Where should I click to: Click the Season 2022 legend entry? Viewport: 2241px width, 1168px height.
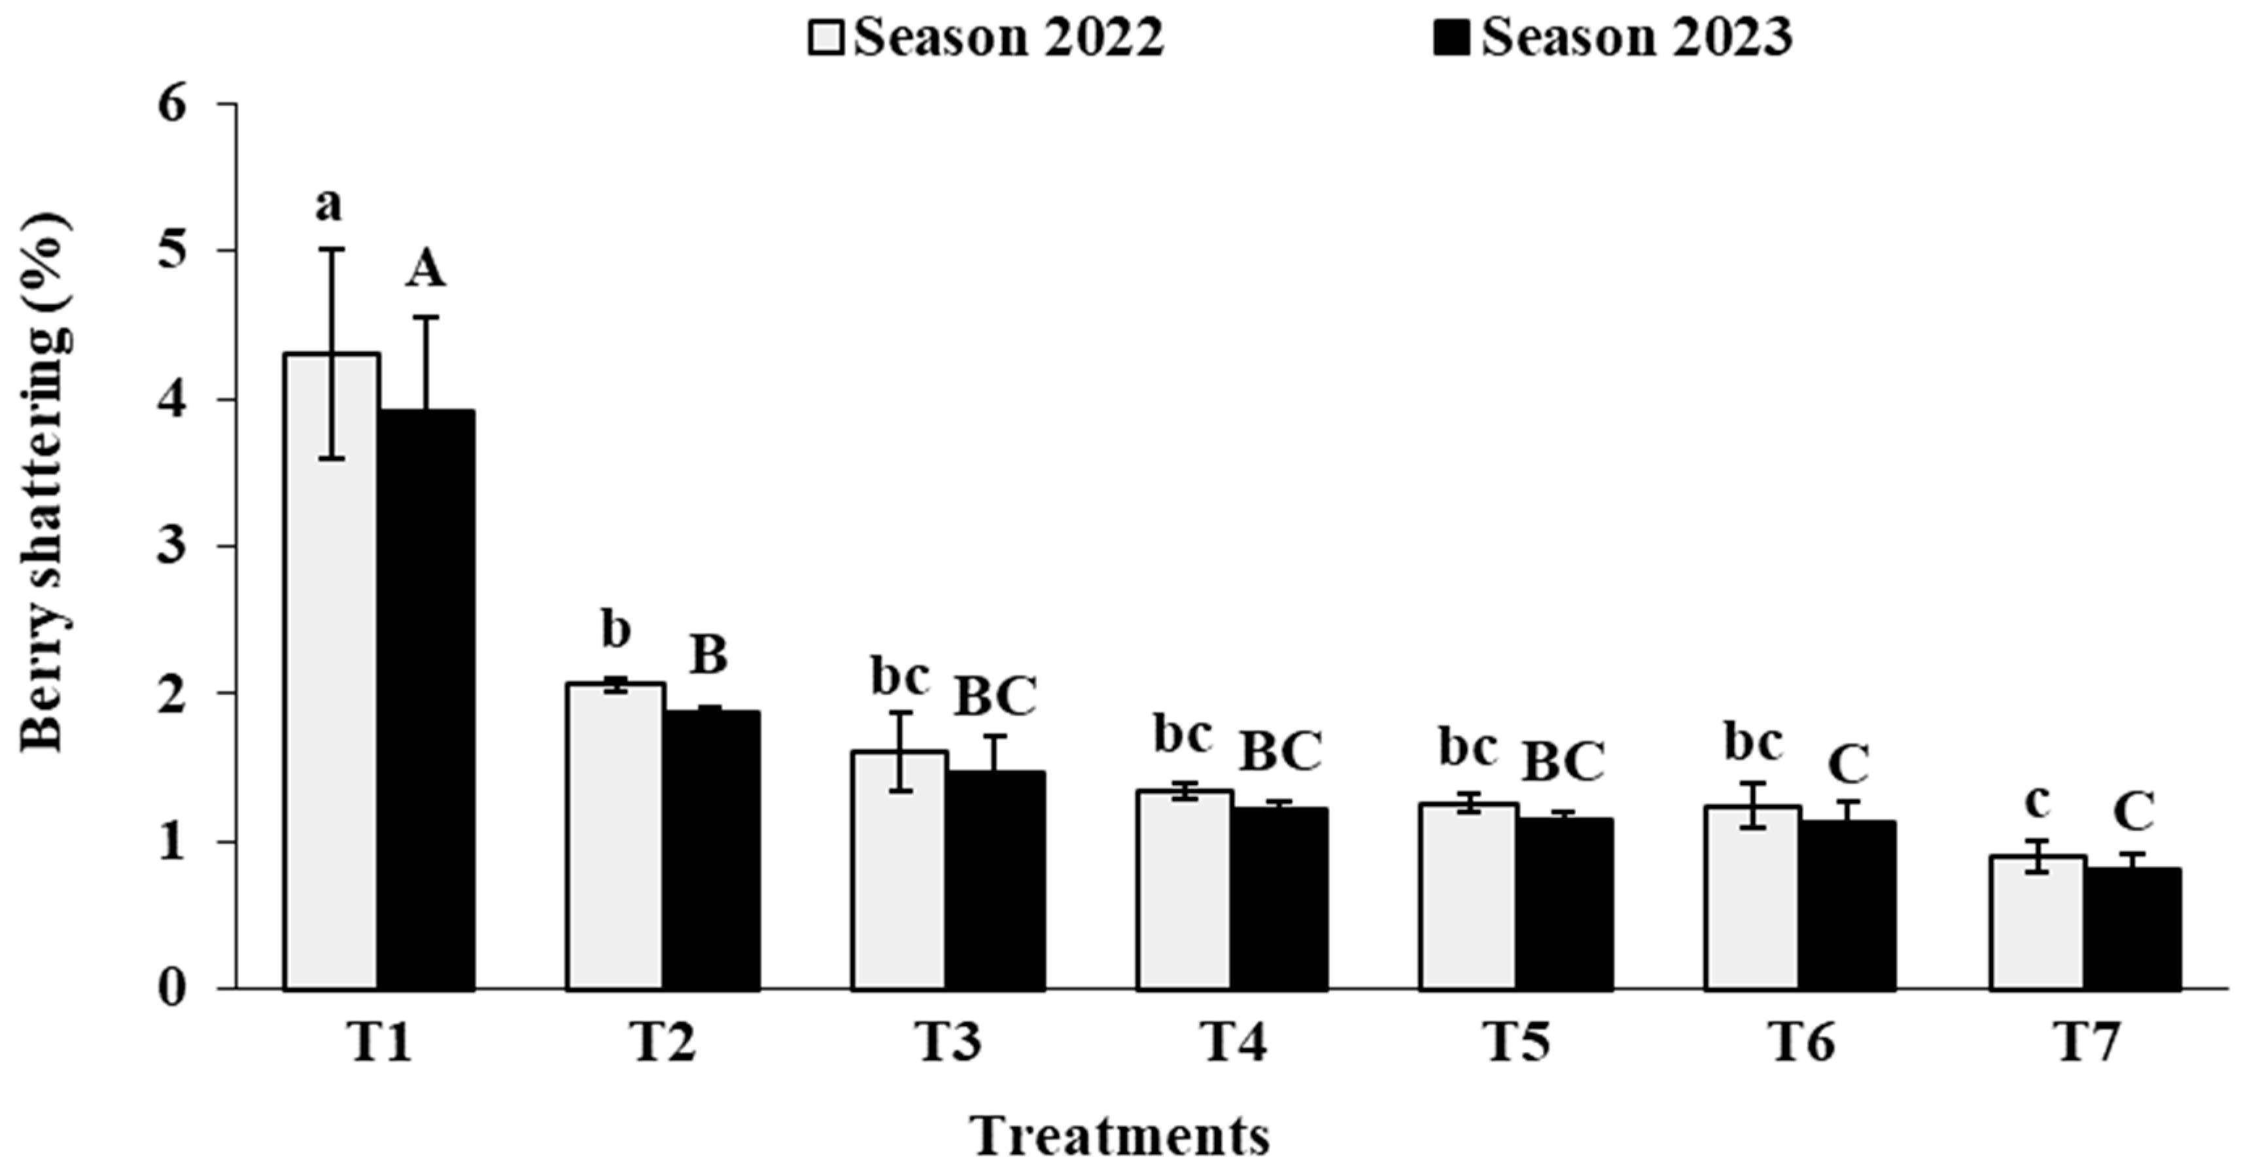(x=988, y=39)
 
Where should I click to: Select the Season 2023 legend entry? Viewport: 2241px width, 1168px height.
(x=1614, y=39)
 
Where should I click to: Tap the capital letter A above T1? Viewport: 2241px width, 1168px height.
(x=425, y=272)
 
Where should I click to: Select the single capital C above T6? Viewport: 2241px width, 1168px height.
(x=1849, y=764)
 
